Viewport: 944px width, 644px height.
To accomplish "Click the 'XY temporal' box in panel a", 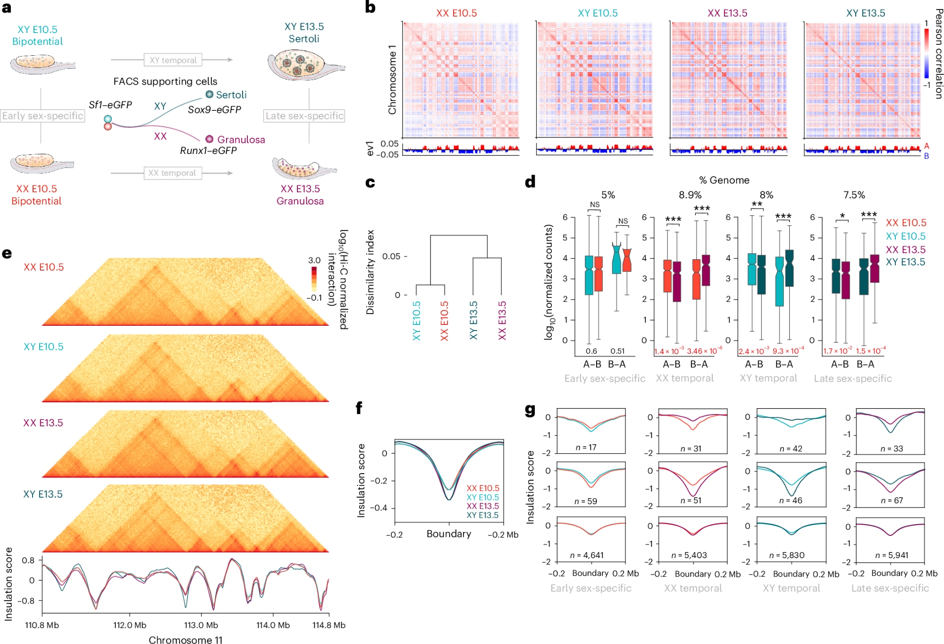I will point(173,60).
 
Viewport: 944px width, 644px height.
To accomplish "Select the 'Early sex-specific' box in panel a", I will point(42,116).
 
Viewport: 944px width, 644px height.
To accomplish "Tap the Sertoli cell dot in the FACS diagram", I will point(210,94).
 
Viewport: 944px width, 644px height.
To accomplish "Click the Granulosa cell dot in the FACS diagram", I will point(210,139).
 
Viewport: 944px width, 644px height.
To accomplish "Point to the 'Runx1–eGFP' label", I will point(208,151).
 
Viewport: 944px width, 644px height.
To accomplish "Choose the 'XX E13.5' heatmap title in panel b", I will point(727,13).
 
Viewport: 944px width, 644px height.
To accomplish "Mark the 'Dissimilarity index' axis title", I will point(371,272).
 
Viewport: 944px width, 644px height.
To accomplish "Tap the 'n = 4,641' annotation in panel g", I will point(587,555).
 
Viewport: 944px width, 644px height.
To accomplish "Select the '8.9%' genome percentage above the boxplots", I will point(690,195).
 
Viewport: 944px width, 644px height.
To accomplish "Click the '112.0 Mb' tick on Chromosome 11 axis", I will point(130,625).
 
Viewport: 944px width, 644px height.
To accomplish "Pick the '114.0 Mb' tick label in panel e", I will point(273,625).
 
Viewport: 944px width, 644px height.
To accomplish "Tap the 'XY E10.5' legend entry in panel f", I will point(482,497).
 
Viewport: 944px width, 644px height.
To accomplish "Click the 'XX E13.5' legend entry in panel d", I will point(905,249).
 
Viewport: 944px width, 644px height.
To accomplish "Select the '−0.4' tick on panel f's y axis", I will point(378,508).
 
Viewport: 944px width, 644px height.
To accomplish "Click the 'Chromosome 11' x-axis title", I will point(185,640).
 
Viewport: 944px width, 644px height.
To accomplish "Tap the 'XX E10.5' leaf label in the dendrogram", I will point(444,321).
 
